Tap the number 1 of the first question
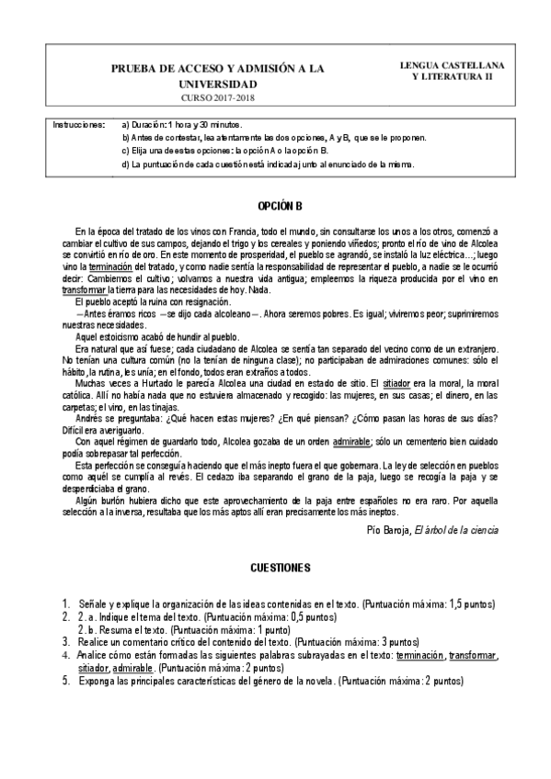(x=65, y=604)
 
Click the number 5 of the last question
(x=65, y=682)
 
